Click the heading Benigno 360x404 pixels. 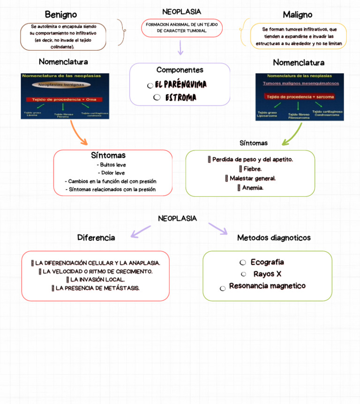61,15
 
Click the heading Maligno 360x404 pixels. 298,15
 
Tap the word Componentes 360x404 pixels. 180,70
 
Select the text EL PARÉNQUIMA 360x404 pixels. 181,84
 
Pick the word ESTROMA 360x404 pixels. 180,97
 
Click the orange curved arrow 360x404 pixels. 78,133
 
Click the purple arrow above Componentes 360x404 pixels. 180,47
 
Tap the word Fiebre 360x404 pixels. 252,169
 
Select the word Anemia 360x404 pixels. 253,187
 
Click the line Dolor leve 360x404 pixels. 113,173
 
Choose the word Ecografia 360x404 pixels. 267,262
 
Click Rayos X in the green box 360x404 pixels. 267,274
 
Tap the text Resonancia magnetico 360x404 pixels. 267,286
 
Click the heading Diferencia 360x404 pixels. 96,238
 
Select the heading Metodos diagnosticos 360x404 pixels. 274,238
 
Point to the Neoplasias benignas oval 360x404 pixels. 61,85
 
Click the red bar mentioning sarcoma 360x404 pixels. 300,97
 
